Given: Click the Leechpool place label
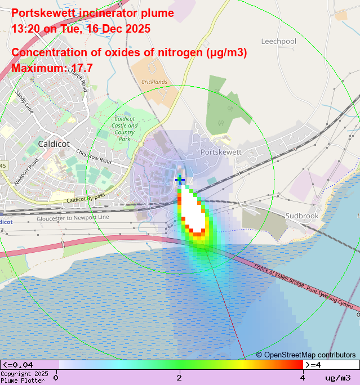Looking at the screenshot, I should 278,42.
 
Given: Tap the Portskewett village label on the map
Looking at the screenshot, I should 221,152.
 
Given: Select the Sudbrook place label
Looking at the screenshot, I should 302,216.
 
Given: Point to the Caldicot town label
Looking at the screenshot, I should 54,144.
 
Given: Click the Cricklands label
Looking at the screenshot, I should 154,82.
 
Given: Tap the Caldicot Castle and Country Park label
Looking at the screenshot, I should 125,128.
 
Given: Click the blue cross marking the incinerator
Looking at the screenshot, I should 180,180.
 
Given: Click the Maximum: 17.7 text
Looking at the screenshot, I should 52,68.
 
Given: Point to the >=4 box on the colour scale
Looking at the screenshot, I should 331,365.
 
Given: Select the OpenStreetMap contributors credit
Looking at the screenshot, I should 306,355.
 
